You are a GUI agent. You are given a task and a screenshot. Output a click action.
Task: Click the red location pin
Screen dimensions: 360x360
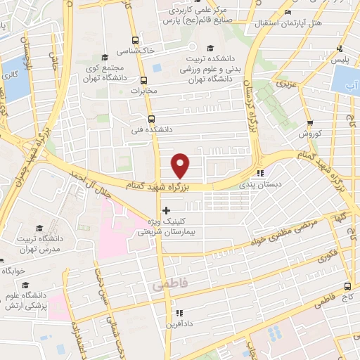tap(181, 165)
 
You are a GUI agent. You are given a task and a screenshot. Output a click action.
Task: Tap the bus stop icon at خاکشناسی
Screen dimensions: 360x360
tap(135, 40)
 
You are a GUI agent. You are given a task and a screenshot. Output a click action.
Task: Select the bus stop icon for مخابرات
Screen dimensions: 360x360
tap(143, 79)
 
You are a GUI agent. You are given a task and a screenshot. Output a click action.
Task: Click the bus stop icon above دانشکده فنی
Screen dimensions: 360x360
tap(150, 119)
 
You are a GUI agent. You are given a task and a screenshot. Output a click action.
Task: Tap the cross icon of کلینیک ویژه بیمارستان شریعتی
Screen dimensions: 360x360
tap(166, 210)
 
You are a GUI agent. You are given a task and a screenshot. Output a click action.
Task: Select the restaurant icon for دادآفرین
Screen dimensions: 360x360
tap(179, 312)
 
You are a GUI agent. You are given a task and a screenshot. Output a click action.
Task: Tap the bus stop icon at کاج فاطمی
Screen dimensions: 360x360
tap(347, 286)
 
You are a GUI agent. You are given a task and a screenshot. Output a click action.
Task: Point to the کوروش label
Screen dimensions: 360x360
tap(310, 134)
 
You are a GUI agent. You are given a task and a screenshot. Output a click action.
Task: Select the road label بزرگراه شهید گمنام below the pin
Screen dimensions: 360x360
tap(158, 185)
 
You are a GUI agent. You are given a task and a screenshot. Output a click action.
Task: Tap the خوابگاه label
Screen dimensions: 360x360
tap(13, 270)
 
